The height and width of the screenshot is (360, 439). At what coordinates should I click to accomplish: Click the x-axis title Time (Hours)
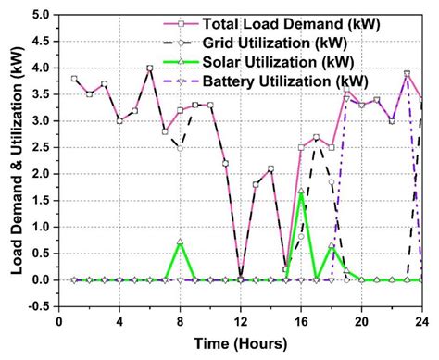241,343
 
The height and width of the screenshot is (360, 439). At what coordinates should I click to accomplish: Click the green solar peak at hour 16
301,192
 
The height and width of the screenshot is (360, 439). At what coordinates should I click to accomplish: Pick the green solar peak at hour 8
180,242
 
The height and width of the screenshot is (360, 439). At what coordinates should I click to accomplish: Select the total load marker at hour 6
150,68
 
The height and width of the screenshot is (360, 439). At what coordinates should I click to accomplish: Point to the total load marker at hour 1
74,79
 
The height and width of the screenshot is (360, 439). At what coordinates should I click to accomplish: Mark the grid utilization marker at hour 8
180,148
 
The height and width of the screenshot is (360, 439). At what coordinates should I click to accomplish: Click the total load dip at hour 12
241,279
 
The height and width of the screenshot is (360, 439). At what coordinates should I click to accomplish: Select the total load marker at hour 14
270,168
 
